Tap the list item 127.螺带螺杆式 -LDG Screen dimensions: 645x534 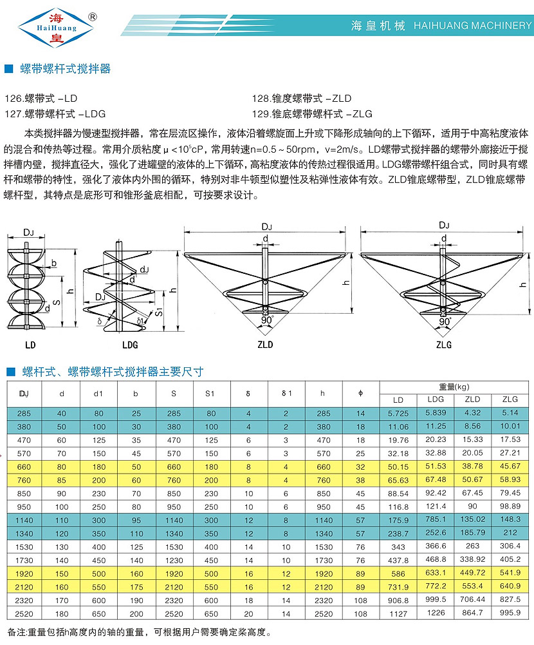click(x=55, y=113)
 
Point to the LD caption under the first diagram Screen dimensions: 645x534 click(x=30, y=345)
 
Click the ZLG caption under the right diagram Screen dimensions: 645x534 click(x=444, y=345)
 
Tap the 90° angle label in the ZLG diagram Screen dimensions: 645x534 click(x=445, y=321)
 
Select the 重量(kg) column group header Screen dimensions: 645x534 click(x=455, y=387)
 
